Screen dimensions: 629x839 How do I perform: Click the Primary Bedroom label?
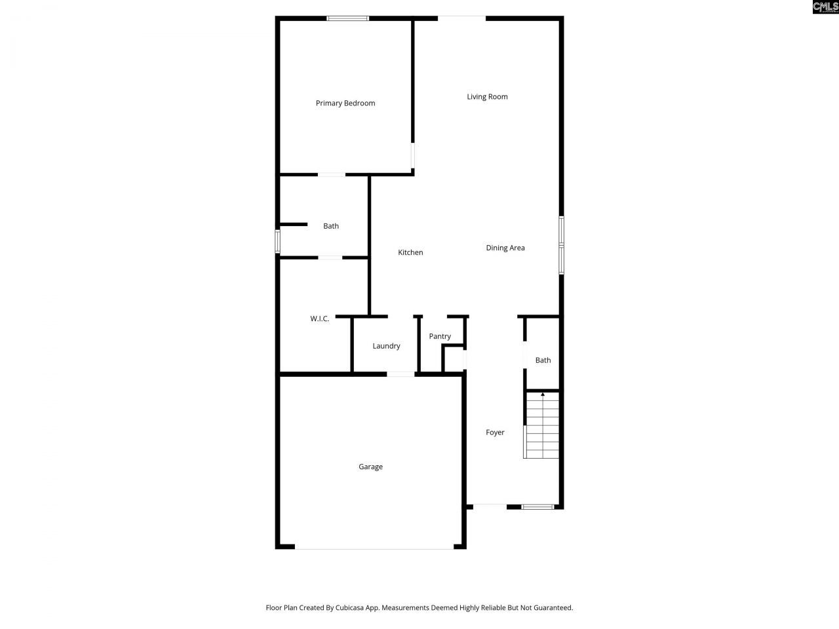tap(345, 103)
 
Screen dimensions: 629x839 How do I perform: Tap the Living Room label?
tap(487, 96)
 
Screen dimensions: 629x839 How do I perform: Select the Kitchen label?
tap(410, 252)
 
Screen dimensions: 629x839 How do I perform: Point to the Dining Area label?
tap(505, 248)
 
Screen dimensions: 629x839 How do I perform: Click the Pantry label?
tap(440, 336)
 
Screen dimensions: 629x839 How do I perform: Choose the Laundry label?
tap(386, 346)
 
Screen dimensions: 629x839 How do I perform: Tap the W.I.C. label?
tap(320, 318)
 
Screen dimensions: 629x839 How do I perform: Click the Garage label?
tap(370, 467)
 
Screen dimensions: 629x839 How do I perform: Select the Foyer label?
tap(495, 432)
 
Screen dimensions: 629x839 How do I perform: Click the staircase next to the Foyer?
tap(542, 426)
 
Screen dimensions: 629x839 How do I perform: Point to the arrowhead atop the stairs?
tap(543, 394)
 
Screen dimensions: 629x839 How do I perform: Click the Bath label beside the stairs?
tap(543, 360)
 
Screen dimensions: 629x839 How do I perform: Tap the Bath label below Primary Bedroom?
tap(331, 226)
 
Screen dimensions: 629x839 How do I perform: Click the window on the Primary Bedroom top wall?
tap(348, 18)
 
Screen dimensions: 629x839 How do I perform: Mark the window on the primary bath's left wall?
tap(278, 241)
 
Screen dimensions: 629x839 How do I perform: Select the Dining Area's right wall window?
tap(561, 245)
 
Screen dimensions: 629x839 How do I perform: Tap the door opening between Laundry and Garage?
tap(400, 374)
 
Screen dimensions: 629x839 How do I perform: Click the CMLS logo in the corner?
tap(825, 7)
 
